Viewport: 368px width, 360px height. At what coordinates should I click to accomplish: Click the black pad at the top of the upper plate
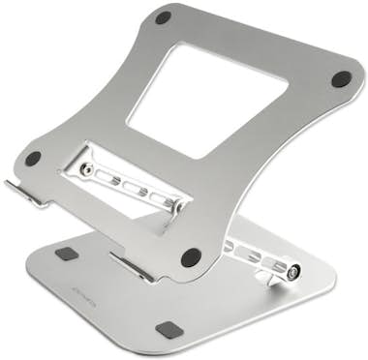[x=164, y=16]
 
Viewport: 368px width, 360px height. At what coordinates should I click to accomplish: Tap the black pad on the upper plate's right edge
[x=340, y=79]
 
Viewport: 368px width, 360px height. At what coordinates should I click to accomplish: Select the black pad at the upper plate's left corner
[x=33, y=158]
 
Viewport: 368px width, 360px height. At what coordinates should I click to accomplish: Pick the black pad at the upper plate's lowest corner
[x=191, y=258]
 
